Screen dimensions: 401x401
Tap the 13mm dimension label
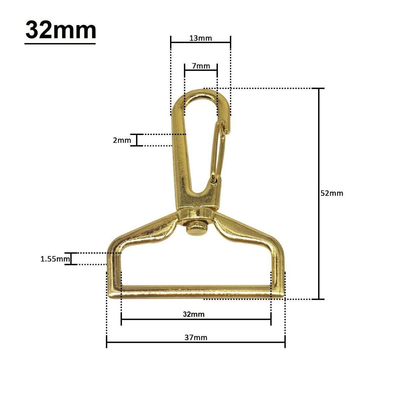pos(200,38)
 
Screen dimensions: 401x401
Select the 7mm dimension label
pos(201,66)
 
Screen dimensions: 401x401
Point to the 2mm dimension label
pos(122,140)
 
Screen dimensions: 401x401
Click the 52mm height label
pos(331,193)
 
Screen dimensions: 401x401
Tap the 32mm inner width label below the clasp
pos(194,314)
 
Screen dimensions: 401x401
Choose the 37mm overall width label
pos(196,338)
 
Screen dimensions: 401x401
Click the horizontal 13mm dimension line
pos(200,42)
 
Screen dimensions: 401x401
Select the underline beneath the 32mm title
pos(60,43)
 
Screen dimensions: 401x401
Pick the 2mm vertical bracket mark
pos(137,140)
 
